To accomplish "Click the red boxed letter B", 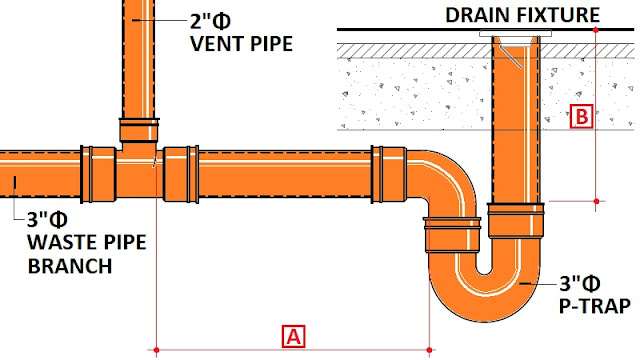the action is tap(581, 117).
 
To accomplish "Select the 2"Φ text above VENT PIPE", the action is tap(203, 21).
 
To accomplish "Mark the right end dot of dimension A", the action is tap(430, 349).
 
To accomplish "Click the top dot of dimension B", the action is tap(596, 30).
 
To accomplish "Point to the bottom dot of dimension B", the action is tap(596, 201).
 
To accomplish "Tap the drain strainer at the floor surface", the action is tap(510, 34).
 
